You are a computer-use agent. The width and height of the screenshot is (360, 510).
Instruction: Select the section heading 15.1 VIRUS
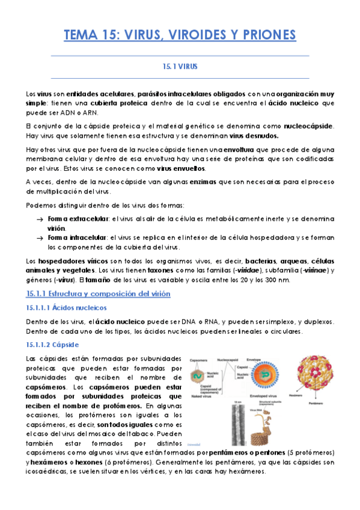pyautogui.click(x=180, y=67)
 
